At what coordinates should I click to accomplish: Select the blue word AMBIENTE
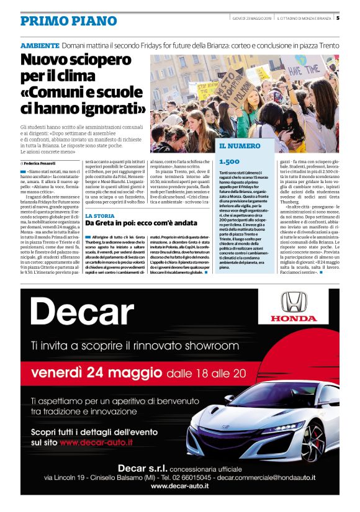click(x=40, y=46)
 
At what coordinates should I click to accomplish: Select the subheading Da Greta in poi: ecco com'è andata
click(x=142, y=223)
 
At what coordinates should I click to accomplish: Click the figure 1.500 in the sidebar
click(x=229, y=161)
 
